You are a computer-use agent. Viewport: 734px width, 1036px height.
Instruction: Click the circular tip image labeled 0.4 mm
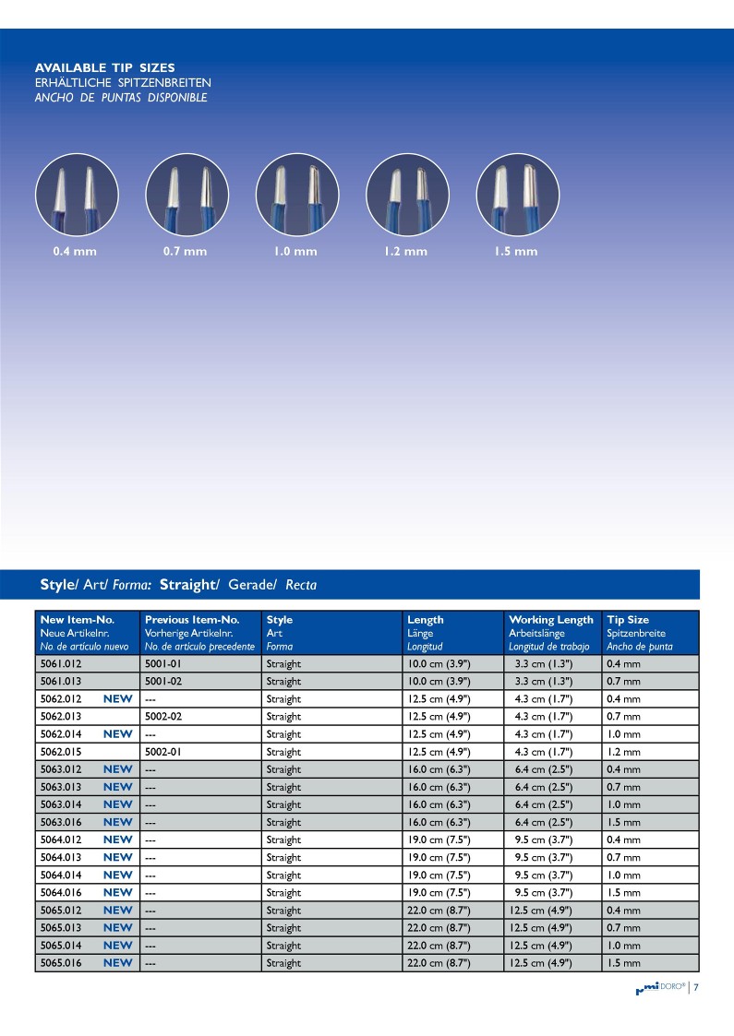coord(77,194)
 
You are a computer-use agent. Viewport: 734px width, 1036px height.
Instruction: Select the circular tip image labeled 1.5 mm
coord(518,194)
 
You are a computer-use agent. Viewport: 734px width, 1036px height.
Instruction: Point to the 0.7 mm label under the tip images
coord(185,252)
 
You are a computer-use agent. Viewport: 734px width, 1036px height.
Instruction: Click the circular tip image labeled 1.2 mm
coord(408,194)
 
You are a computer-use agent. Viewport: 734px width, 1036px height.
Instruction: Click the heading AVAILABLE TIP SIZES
coord(104,68)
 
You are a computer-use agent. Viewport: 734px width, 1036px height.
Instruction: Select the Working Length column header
coord(551,620)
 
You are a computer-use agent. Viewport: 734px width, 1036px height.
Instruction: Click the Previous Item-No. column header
coord(192,620)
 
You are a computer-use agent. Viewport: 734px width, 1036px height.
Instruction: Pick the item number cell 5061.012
coord(61,663)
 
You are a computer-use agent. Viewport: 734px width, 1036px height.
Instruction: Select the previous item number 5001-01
coord(166,663)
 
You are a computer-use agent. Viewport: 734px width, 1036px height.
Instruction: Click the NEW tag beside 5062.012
coord(117,698)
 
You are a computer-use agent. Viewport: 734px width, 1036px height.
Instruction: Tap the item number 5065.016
coord(61,963)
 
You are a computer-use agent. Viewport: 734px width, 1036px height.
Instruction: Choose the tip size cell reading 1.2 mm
coord(623,752)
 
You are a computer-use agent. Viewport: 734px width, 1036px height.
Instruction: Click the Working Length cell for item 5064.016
coord(544,892)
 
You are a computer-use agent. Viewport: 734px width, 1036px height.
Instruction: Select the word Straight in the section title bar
coord(188,585)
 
